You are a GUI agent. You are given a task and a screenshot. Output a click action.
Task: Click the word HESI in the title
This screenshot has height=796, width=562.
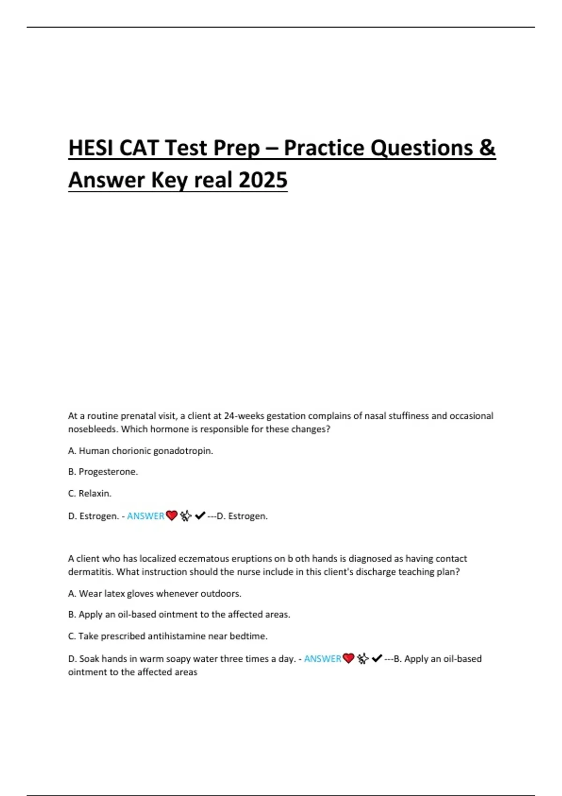point(91,148)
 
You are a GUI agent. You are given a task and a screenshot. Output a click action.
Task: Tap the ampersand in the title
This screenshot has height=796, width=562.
point(487,148)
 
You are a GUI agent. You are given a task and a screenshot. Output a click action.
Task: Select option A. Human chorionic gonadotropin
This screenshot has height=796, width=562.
point(140,451)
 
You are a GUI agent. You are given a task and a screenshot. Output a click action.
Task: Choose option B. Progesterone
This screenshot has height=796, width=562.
point(103,472)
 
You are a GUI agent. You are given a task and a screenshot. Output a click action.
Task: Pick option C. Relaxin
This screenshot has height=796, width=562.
point(90,494)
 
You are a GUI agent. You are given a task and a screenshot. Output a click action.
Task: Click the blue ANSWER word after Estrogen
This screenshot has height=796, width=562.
point(146,516)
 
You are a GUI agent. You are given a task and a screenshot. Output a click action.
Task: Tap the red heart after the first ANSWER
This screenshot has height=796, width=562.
point(172,516)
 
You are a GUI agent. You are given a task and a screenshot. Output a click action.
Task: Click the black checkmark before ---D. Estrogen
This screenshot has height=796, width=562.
point(200,516)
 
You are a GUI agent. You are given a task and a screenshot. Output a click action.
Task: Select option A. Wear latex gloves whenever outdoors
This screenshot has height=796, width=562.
point(155,594)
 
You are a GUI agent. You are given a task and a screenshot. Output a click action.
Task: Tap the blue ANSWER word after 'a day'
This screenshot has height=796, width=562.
point(323,659)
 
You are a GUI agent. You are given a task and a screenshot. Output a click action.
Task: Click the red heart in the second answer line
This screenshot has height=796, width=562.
point(348,659)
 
